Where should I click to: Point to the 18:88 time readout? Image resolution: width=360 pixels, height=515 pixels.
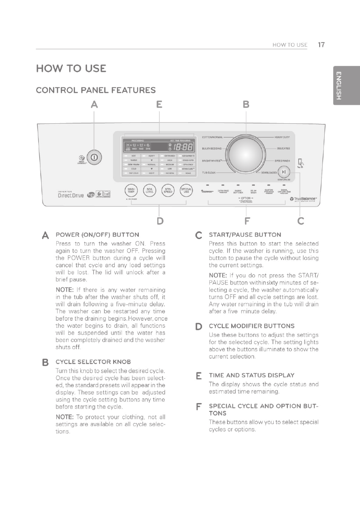pos(185,146)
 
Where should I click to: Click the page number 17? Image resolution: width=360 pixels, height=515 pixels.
pos(322,45)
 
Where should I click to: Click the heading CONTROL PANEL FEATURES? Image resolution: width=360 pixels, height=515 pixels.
pos(95,90)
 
